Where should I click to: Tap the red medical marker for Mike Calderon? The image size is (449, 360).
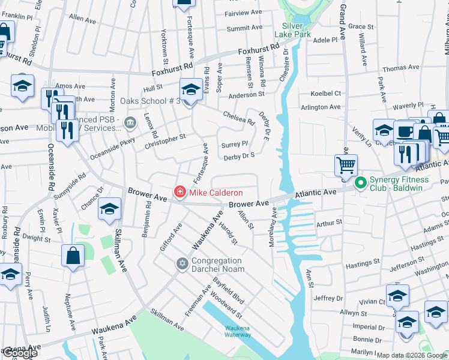click(x=179, y=193)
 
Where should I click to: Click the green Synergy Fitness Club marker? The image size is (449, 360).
click(x=360, y=183)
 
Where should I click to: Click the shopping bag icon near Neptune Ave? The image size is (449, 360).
click(x=72, y=256)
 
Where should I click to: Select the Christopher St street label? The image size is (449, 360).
click(x=165, y=142)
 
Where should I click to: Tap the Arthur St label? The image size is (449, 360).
click(x=329, y=222)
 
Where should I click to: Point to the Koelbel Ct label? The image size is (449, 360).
click(x=325, y=94)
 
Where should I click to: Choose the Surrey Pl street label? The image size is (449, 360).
click(x=235, y=145)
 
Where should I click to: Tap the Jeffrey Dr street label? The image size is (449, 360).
click(x=327, y=298)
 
